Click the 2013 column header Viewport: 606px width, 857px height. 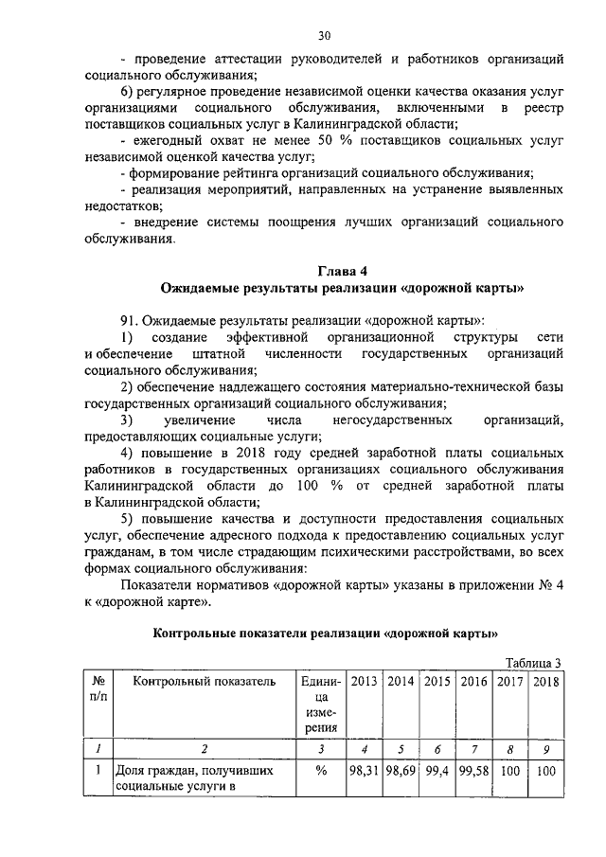click(x=365, y=680)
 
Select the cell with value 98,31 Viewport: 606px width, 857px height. click(x=365, y=771)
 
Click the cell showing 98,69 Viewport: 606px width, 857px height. click(x=401, y=771)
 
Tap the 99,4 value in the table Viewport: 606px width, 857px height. click(x=437, y=771)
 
